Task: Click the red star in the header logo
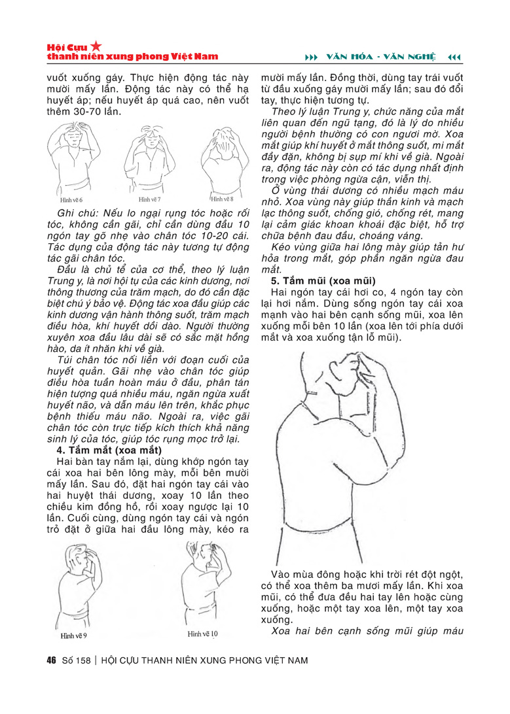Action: point(96,46)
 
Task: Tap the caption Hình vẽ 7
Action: point(149,198)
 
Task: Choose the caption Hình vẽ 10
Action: point(202,634)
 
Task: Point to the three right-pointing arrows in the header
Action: point(312,58)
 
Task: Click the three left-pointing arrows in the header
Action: point(454,58)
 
